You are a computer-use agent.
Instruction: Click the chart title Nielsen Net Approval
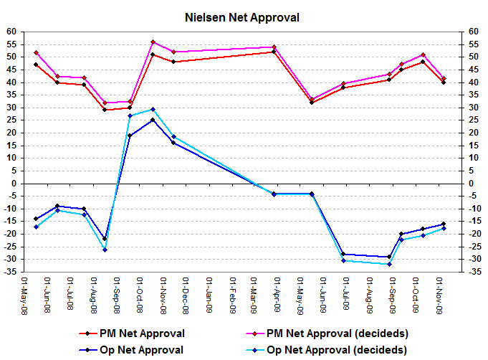[243, 16]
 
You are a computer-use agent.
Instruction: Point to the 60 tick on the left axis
[11, 32]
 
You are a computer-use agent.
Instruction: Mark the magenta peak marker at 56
[153, 42]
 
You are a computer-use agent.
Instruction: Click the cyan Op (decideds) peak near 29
[153, 109]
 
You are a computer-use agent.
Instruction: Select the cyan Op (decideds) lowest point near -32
[389, 264]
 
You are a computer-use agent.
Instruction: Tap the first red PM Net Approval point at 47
[36, 65]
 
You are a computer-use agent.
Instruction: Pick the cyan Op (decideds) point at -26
[105, 249]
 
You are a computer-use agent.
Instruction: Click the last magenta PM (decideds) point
[444, 79]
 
